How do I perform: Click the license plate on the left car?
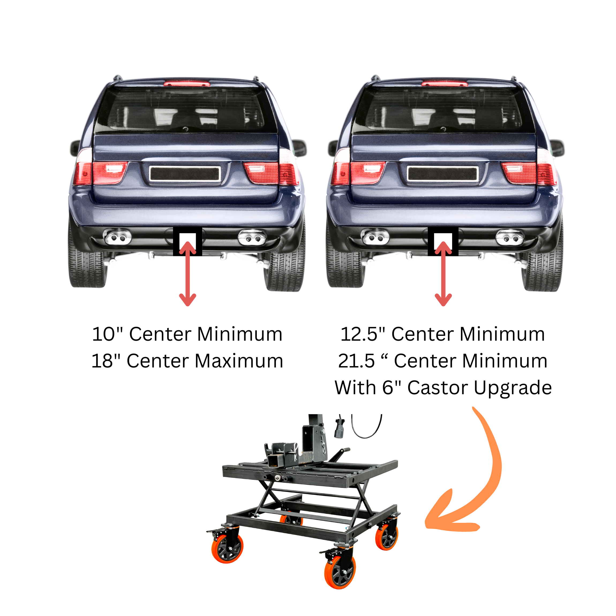(x=185, y=174)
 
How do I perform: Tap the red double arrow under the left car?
(x=187, y=273)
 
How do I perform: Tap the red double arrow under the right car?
(x=443, y=273)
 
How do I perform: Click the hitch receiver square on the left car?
(x=187, y=241)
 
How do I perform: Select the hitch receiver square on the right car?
(x=443, y=241)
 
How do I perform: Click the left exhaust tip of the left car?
(x=117, y=237)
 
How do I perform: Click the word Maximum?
(x=239, y=361)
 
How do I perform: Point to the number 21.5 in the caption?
(x=356, y=361)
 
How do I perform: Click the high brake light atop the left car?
(x=187, y=84)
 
